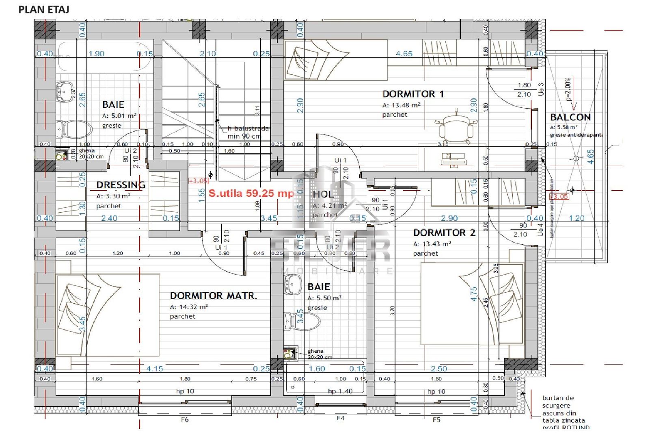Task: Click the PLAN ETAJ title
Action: [x=44, y=9]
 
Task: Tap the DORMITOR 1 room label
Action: [x=412, y=94]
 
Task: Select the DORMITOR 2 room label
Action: [x=444, y=233]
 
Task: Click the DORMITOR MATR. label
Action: [x=213, y=296]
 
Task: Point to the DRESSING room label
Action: [x=121, y=185]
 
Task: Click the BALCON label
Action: [x=570, y=117]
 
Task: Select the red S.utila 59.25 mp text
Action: [x=251, y=193]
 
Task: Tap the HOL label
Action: [x=323, y=194]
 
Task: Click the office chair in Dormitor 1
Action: [x=456, y=127]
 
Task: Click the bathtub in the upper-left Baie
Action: [x=104, y=57]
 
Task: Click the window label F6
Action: [x=185, y=419]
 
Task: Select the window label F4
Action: [x=340, y=418]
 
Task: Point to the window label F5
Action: [x=436, y=419]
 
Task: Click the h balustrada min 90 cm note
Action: [x=247, y=132]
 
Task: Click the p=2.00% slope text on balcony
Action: [x=568, y=89]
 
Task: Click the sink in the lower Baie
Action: [x=293, y=283]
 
